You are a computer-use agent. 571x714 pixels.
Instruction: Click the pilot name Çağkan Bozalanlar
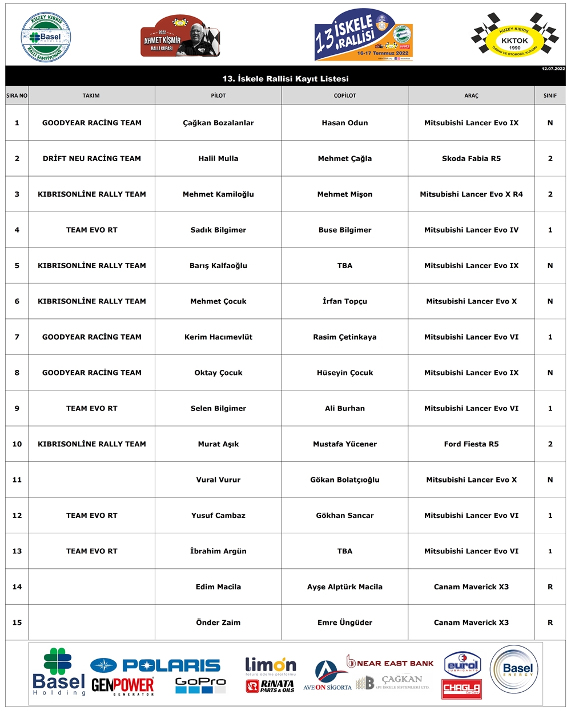point(218,123)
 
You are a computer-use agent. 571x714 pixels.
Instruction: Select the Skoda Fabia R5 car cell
point(471,158)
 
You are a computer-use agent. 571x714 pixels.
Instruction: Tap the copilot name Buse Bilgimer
point(345,230)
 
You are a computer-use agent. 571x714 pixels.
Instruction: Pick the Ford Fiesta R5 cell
point(471,444)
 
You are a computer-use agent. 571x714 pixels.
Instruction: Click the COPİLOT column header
point(345,95)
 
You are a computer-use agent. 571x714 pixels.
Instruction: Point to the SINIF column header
point(550,95)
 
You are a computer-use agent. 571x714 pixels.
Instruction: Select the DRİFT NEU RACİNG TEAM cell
point(92,158)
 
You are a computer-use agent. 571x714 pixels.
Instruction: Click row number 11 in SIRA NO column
point(17,480)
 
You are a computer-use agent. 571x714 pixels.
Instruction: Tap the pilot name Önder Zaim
point(218,623)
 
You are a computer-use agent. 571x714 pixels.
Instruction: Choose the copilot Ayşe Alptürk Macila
point(345,587)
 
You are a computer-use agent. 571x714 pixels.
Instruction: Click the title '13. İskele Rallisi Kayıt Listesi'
point(285,79)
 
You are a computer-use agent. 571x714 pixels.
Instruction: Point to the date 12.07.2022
point(553,69)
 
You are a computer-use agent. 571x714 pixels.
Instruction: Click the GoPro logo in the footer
point(200,685)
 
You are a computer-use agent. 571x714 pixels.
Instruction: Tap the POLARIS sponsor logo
point(155,665)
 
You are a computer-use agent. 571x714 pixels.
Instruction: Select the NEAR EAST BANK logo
point(391,663)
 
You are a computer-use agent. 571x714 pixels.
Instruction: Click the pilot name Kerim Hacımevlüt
point(218,337)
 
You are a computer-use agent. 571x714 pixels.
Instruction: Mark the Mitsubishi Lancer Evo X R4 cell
point(471,194)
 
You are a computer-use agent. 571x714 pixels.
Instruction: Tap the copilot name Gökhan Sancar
point(345,516)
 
